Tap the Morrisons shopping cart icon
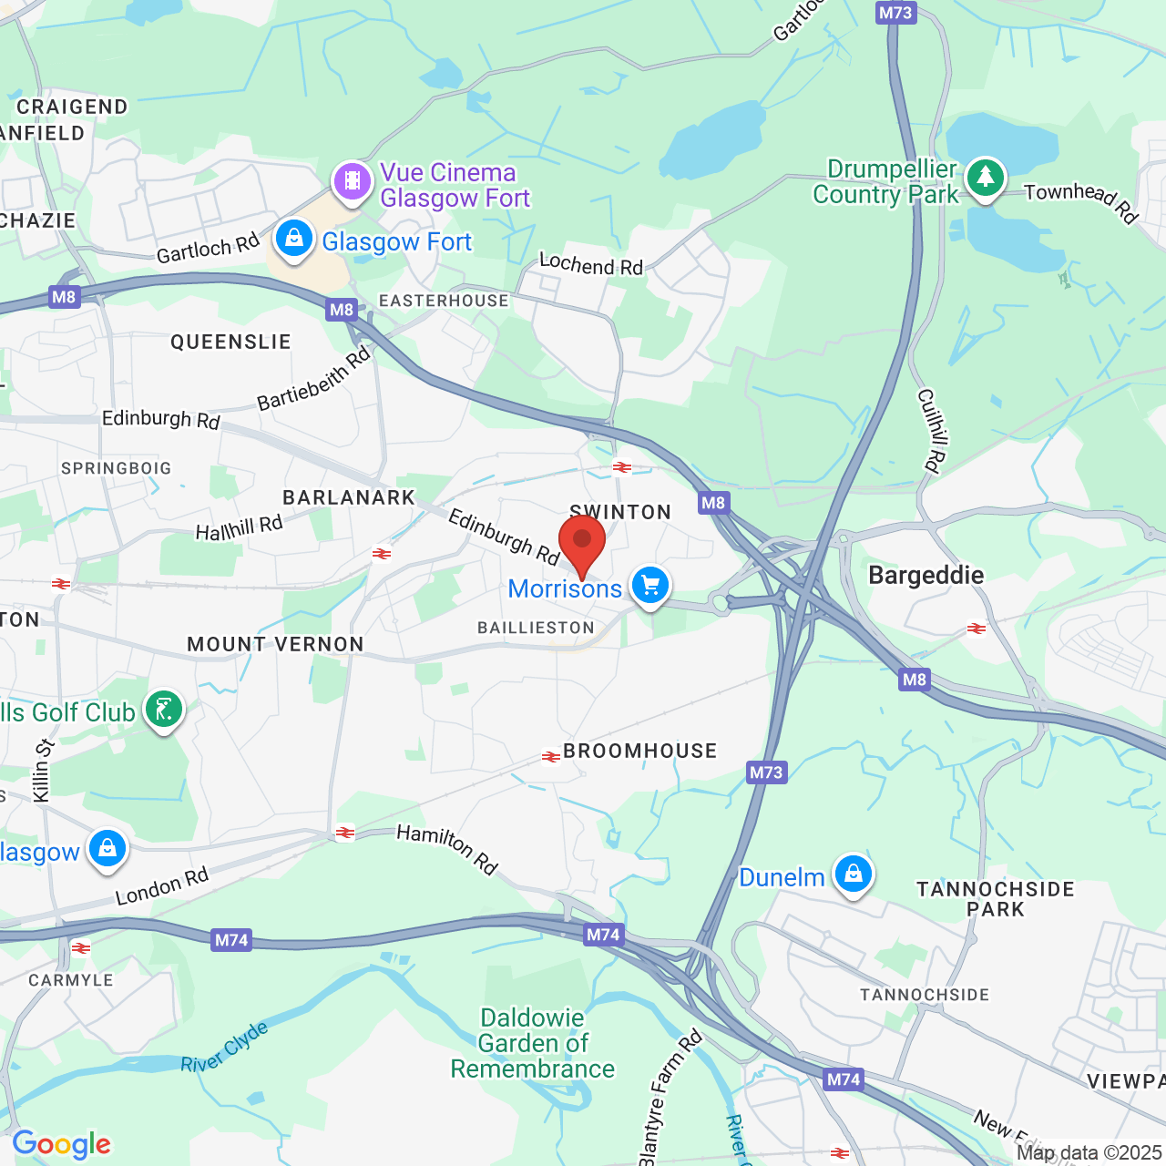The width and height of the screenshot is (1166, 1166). tap(649, 586)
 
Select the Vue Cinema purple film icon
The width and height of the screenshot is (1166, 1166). tap(353, 179)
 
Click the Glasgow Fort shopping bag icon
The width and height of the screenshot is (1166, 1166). tap(293, 239)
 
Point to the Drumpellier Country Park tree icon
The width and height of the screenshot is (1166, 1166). tap(985, 177)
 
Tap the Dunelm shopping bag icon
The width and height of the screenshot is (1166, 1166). tap(853, 874)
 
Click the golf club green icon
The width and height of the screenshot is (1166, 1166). tap(164, 710)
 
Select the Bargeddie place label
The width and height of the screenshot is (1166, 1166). tap(926, 575)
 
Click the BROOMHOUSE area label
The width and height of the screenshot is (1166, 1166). tap(639, 751)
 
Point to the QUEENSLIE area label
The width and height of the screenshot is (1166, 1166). tap(230, 342)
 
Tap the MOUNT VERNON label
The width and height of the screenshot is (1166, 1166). tap(275, 644)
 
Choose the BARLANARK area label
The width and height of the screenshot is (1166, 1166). tap(349, 497)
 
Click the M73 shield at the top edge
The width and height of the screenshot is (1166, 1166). tap(895, 13)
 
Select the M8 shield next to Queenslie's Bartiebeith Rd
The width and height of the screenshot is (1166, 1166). tap(341, 310)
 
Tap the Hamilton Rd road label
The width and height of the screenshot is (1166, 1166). tap(447, 849)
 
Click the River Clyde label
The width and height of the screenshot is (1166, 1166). tap(224, 1048)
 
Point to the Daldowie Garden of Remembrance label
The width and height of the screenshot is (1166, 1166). tap(533, 1043)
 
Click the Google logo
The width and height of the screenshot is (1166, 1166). tap(61, 1144)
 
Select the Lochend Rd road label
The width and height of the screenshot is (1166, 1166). tap(591, 264)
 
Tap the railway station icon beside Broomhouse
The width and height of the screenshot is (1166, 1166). tap(551, 756)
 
